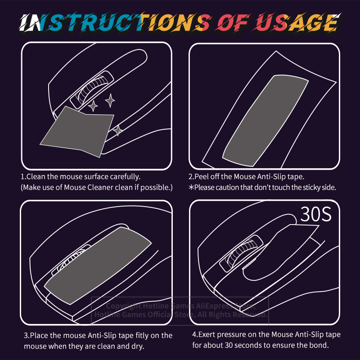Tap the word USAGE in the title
(297, 22)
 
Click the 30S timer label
(316, 214)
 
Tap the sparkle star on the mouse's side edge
(118, 130)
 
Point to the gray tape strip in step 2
(265, 120)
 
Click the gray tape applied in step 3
(98, 265)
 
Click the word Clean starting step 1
(36, 176)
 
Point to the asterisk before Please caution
(191, 187)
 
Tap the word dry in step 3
(138, 346)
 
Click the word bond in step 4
(320, 345)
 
